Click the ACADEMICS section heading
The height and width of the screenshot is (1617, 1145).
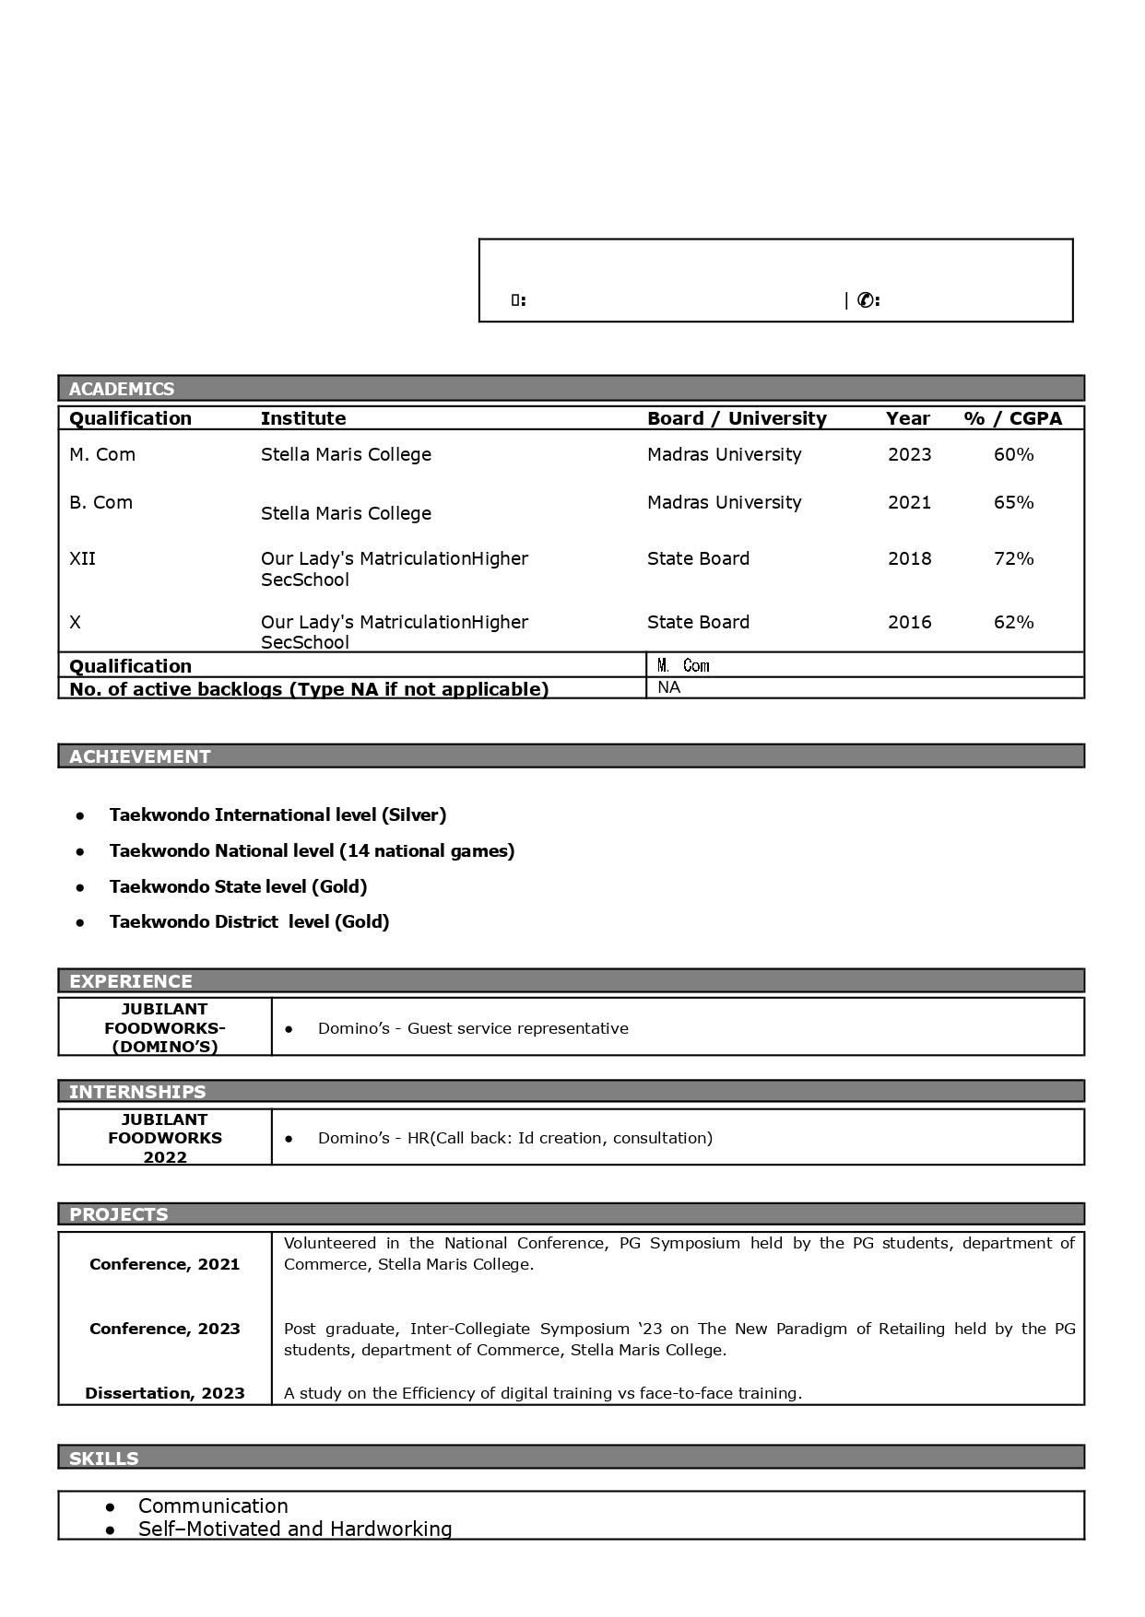122,389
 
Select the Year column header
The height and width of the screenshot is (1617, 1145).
908,418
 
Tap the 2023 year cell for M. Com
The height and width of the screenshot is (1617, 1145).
910,454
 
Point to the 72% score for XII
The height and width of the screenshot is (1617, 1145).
1013,558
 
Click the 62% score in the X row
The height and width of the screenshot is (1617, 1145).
1013,622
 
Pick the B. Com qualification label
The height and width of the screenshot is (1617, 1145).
100,502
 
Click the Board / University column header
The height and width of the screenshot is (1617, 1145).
737,418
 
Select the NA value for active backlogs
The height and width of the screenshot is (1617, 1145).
669,687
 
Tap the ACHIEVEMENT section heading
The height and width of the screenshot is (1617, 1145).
140,756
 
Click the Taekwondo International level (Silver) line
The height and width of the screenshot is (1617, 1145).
277,814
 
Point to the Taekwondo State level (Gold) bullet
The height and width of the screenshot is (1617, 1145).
238,886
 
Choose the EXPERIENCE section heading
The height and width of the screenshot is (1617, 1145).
131,981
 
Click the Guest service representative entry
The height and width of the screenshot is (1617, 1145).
473,1028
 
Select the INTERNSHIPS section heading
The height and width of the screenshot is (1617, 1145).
137,1092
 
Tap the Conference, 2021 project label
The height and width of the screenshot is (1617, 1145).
165,1264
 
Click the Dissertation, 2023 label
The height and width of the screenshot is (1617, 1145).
165,1393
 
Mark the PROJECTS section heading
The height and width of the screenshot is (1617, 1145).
119,1214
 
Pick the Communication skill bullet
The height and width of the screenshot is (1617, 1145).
213,1506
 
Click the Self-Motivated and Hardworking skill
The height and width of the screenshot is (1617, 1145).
295,1529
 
